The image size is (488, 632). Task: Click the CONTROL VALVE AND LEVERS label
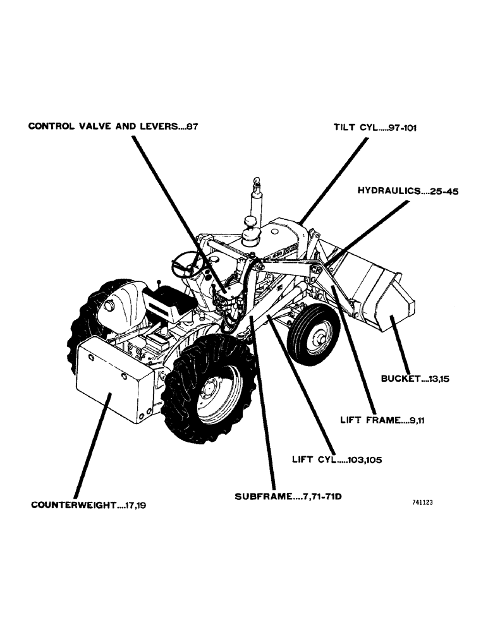point(114,126)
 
